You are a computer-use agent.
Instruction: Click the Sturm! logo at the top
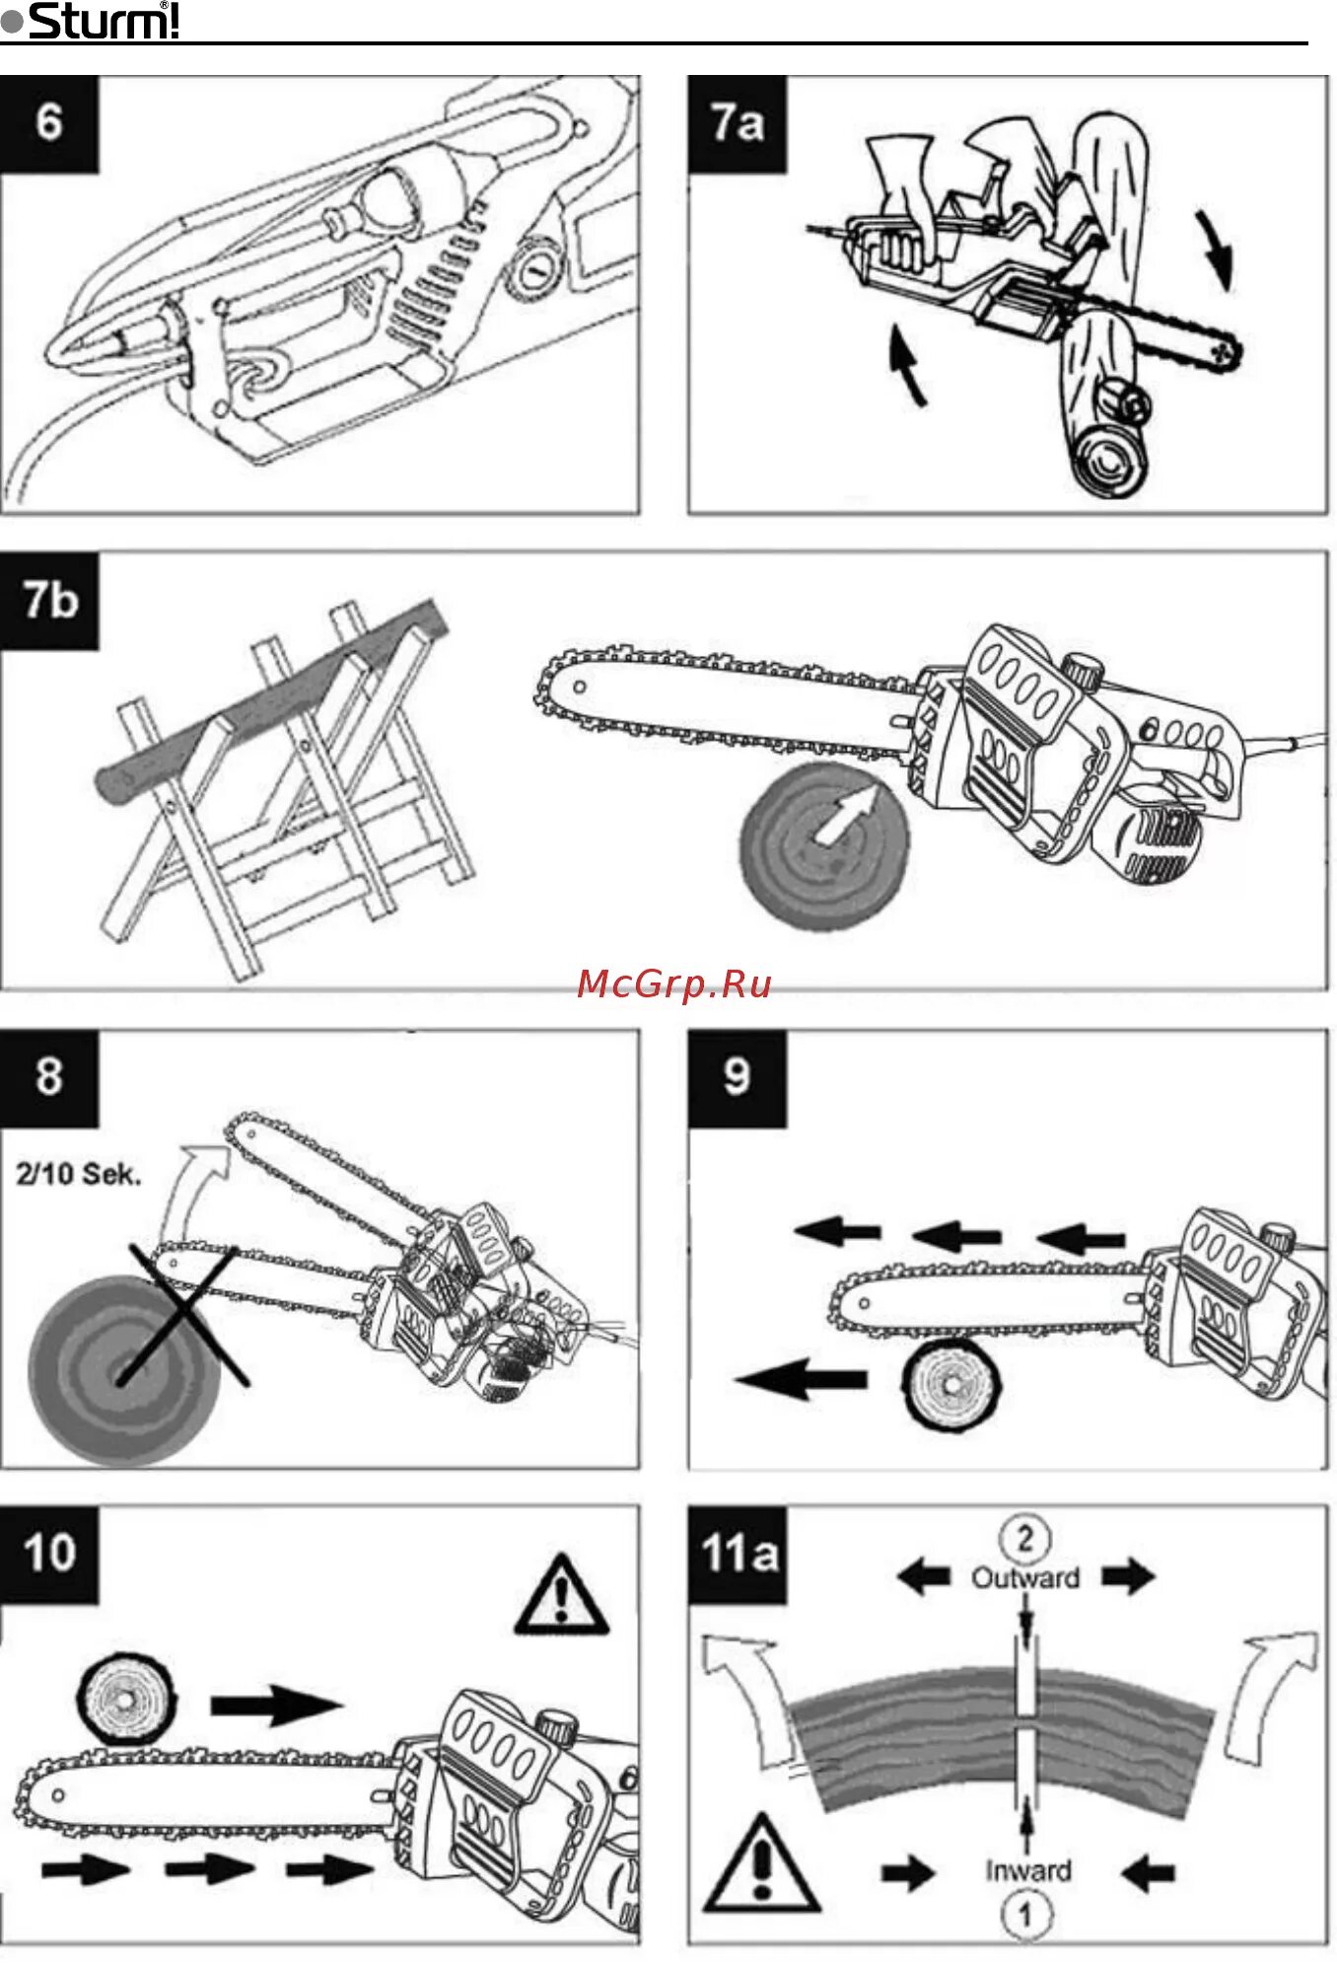pos(92,21)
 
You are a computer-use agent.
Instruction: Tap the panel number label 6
pos(49,123)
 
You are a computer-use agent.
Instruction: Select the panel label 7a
pos(738,123)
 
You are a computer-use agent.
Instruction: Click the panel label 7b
pos(50,600)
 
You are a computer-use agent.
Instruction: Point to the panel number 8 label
pos(49,1076)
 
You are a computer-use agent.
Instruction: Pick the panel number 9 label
pos(737,1076)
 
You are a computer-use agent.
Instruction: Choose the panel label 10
pos(49,1553)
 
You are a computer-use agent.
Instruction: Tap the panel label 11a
pos(739,1554)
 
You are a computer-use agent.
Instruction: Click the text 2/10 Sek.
pos(79,1174)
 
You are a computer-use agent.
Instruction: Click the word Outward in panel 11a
pos(1025,1578)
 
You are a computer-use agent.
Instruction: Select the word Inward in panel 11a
pos(1027,1870)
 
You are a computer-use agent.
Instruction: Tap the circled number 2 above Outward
pos(1025,1538)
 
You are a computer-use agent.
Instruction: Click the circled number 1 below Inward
pos(1026,1915)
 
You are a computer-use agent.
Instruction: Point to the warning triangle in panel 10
pos(561,1594)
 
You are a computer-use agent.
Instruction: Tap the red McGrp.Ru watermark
pos(674,983)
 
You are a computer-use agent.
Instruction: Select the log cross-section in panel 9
pos(950,1384)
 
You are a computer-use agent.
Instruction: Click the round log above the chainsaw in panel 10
pos(126,1698)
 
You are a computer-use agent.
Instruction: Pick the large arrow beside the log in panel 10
pos(275,1704)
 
